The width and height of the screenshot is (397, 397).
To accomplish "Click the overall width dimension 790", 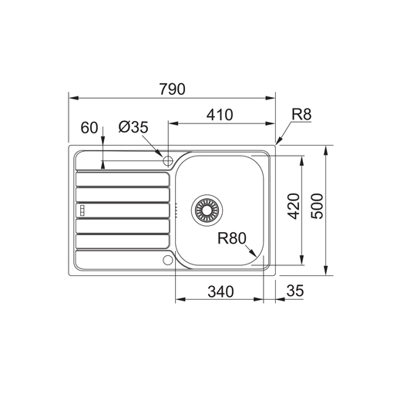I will coord(173,89).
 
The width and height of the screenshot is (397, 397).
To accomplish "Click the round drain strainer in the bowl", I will coord(207,207).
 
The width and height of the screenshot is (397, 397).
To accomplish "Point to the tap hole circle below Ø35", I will coord(167,157).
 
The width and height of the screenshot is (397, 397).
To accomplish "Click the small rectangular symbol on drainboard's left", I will coord(80,209).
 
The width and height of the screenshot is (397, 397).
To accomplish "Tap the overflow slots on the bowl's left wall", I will coord(177,208).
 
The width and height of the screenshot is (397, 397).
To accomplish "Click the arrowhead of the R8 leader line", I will coord(278,143).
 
